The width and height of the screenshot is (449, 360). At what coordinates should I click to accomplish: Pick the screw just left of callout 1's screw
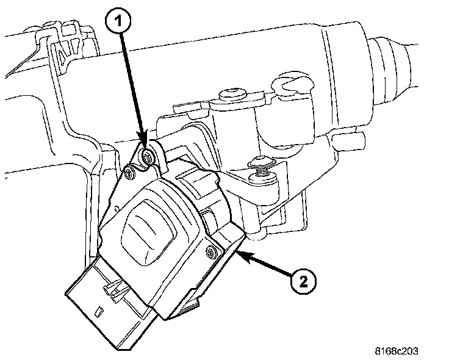[x=129, y=175]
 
